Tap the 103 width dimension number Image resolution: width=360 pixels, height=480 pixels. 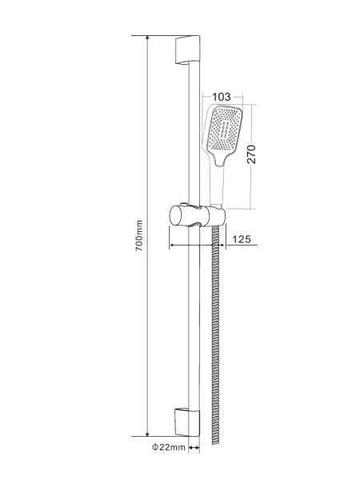tap(222, 98)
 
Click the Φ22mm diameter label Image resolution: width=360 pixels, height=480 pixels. tap(168, 449)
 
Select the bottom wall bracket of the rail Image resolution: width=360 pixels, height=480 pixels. tap(183, 419)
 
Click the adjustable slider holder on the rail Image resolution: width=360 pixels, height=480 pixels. tap(195, 215)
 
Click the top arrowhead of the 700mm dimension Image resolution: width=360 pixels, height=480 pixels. tap(149, 38)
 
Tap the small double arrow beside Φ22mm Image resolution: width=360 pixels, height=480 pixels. tap(192, 449)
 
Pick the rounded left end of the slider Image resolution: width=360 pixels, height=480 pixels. tap(172, 216)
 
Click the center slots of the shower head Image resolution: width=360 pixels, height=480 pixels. tap(225, 132)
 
